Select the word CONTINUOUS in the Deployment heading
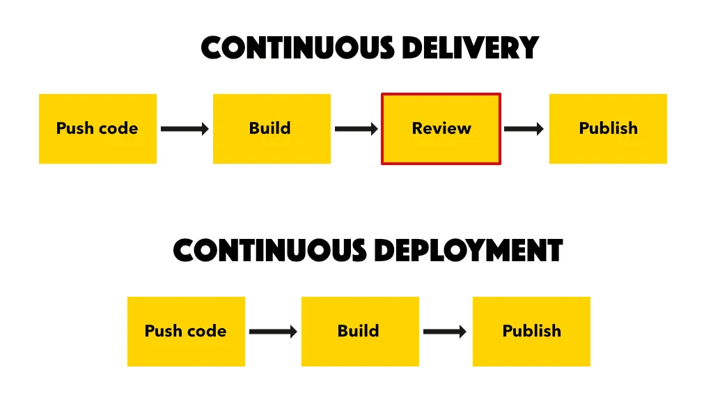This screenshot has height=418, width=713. click(270, 251)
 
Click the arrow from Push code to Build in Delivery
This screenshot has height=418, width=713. click(185, 129)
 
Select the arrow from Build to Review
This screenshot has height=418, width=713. click(356, 129)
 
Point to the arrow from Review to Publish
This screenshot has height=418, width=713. click(524, 129)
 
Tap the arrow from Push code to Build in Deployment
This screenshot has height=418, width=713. click(273, 332)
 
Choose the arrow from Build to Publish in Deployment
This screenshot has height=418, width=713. click(445, 332)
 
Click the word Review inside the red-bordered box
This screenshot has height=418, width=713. click(441, 129)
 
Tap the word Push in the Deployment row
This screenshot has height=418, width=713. click(162, 332)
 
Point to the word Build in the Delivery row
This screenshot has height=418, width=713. click(270, 129)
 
